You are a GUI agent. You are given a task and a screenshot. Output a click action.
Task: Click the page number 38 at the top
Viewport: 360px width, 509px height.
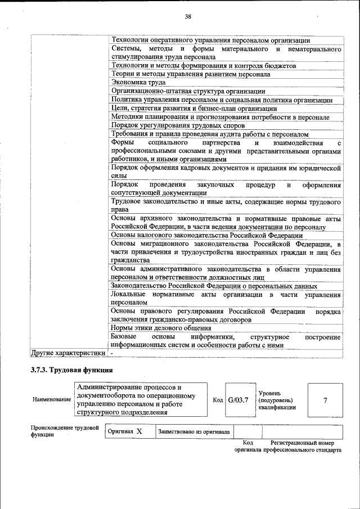click(188, 17)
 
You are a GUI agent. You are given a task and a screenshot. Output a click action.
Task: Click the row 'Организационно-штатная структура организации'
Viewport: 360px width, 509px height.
click(188, 91)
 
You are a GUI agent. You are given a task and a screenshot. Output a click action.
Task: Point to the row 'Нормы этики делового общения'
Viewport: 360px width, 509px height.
click(161, 328)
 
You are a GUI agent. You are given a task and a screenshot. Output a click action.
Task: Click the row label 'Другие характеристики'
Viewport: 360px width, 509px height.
click(67, 353)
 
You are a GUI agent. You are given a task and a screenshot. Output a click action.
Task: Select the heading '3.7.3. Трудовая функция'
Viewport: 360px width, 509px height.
click(71, 370)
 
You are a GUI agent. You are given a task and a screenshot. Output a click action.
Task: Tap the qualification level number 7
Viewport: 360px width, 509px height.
click(325, 400)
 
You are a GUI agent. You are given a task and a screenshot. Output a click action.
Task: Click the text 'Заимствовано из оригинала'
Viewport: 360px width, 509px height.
click(194, 432)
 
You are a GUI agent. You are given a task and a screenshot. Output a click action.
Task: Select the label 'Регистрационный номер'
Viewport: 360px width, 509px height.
click(306, 443)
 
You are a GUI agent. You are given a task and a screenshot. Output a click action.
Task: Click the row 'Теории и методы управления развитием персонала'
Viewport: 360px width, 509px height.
click(187, 74)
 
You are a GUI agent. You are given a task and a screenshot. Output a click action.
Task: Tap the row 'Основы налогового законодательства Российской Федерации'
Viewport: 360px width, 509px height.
click(207, 235)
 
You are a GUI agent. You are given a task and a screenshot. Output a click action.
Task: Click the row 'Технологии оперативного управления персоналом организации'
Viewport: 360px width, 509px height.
click(210, 40)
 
